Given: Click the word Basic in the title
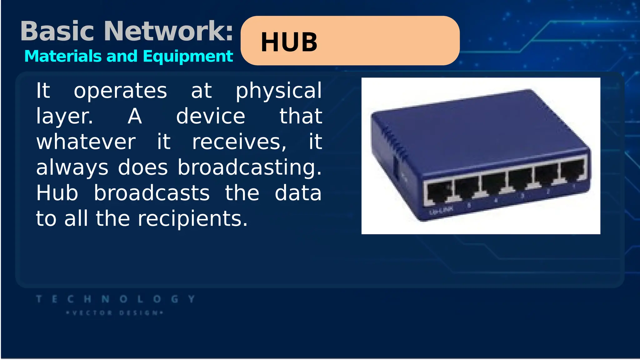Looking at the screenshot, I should tap(57, 31).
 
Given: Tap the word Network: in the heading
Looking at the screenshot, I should tap(168, 31).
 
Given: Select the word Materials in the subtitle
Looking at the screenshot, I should tap(63, 56).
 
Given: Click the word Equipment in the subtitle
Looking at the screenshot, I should tap(188, 57).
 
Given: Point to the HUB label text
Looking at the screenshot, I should tap(289, 42).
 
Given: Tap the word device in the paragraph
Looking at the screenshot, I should tap(211, 116).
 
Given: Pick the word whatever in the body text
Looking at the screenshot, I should tap(86, 142).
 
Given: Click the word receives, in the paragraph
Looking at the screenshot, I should tap(239, 142).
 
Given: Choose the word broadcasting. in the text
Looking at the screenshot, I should tap(250, 168).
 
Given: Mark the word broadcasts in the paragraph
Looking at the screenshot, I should tap(152, 193).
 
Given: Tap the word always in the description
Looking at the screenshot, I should tap(72, 168).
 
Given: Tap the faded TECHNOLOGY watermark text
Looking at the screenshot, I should tap(116, 299).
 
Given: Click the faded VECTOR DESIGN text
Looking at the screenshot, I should tap(115, 313).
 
